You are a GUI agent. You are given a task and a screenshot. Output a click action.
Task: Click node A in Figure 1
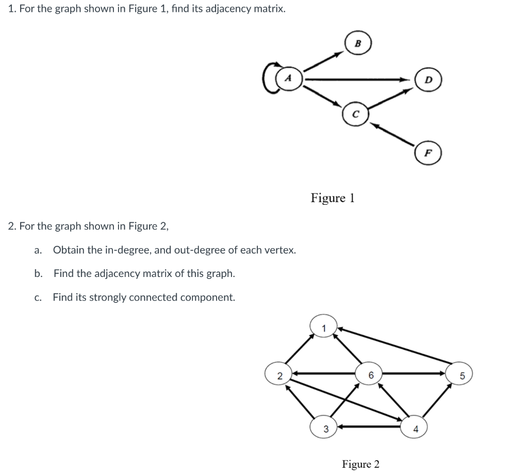coord(289,79)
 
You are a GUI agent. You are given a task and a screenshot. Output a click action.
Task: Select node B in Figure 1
coord(358,44)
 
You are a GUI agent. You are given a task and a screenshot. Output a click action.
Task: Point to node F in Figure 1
coord(428,153)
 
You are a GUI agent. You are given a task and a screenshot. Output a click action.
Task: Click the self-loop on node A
coord(269,79)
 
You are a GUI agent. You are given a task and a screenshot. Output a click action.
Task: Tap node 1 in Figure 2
coord(323,326)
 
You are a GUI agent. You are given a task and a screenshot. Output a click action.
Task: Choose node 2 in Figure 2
coord(278,375)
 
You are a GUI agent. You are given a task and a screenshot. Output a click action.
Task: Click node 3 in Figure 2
coord(325,428)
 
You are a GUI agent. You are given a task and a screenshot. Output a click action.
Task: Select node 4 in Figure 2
coord(416,428)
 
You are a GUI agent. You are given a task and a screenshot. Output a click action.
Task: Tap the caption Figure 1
coord(333,198)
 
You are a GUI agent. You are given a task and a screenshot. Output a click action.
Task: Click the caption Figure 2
coord(360,464)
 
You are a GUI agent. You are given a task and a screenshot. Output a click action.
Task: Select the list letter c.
coord(37,298)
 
